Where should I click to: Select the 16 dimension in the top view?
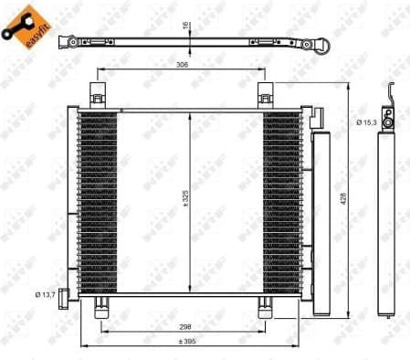coord(184,26)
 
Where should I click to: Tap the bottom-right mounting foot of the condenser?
coord(265,307)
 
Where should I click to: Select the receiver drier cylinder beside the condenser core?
coord(321,219)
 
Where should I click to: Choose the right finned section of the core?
coord(281,201)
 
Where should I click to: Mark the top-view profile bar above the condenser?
coord(183,43)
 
